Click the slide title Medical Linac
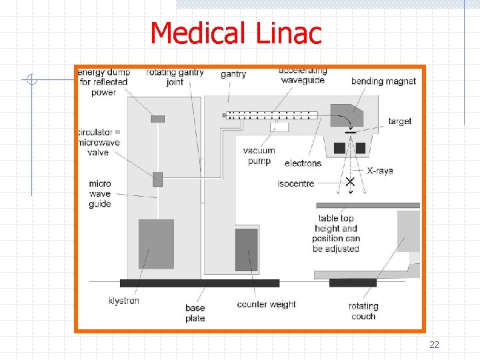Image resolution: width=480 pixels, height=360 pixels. coord(235,33)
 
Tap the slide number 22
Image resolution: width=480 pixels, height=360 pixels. coord(434,345)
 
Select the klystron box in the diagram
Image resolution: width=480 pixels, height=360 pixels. coord(155,244)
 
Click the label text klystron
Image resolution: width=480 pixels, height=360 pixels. coord(124,301)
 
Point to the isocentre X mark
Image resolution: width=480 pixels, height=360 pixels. coord(349,181)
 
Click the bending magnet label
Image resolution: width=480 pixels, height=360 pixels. coord(383,81)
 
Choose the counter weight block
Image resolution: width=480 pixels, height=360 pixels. coord(246,249)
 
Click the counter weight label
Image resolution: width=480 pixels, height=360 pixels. coord(266,305)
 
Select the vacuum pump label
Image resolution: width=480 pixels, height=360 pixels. coord(259,155)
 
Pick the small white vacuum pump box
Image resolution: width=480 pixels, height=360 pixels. coord(279,127)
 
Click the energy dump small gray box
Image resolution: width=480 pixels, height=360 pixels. coord(157,119)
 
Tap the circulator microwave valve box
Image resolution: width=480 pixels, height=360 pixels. coord(157,179)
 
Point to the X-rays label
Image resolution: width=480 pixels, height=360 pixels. coord(380,171)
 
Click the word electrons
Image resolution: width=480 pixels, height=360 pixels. coord(303,163)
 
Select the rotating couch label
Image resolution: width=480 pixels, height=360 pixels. coord(363,311)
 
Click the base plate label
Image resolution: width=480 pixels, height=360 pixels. coord(195,313)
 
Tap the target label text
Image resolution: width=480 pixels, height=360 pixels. coord(400,121)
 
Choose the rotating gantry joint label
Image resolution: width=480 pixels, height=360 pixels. coord(175,77)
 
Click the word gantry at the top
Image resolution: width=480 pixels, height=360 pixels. coord(233,74)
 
